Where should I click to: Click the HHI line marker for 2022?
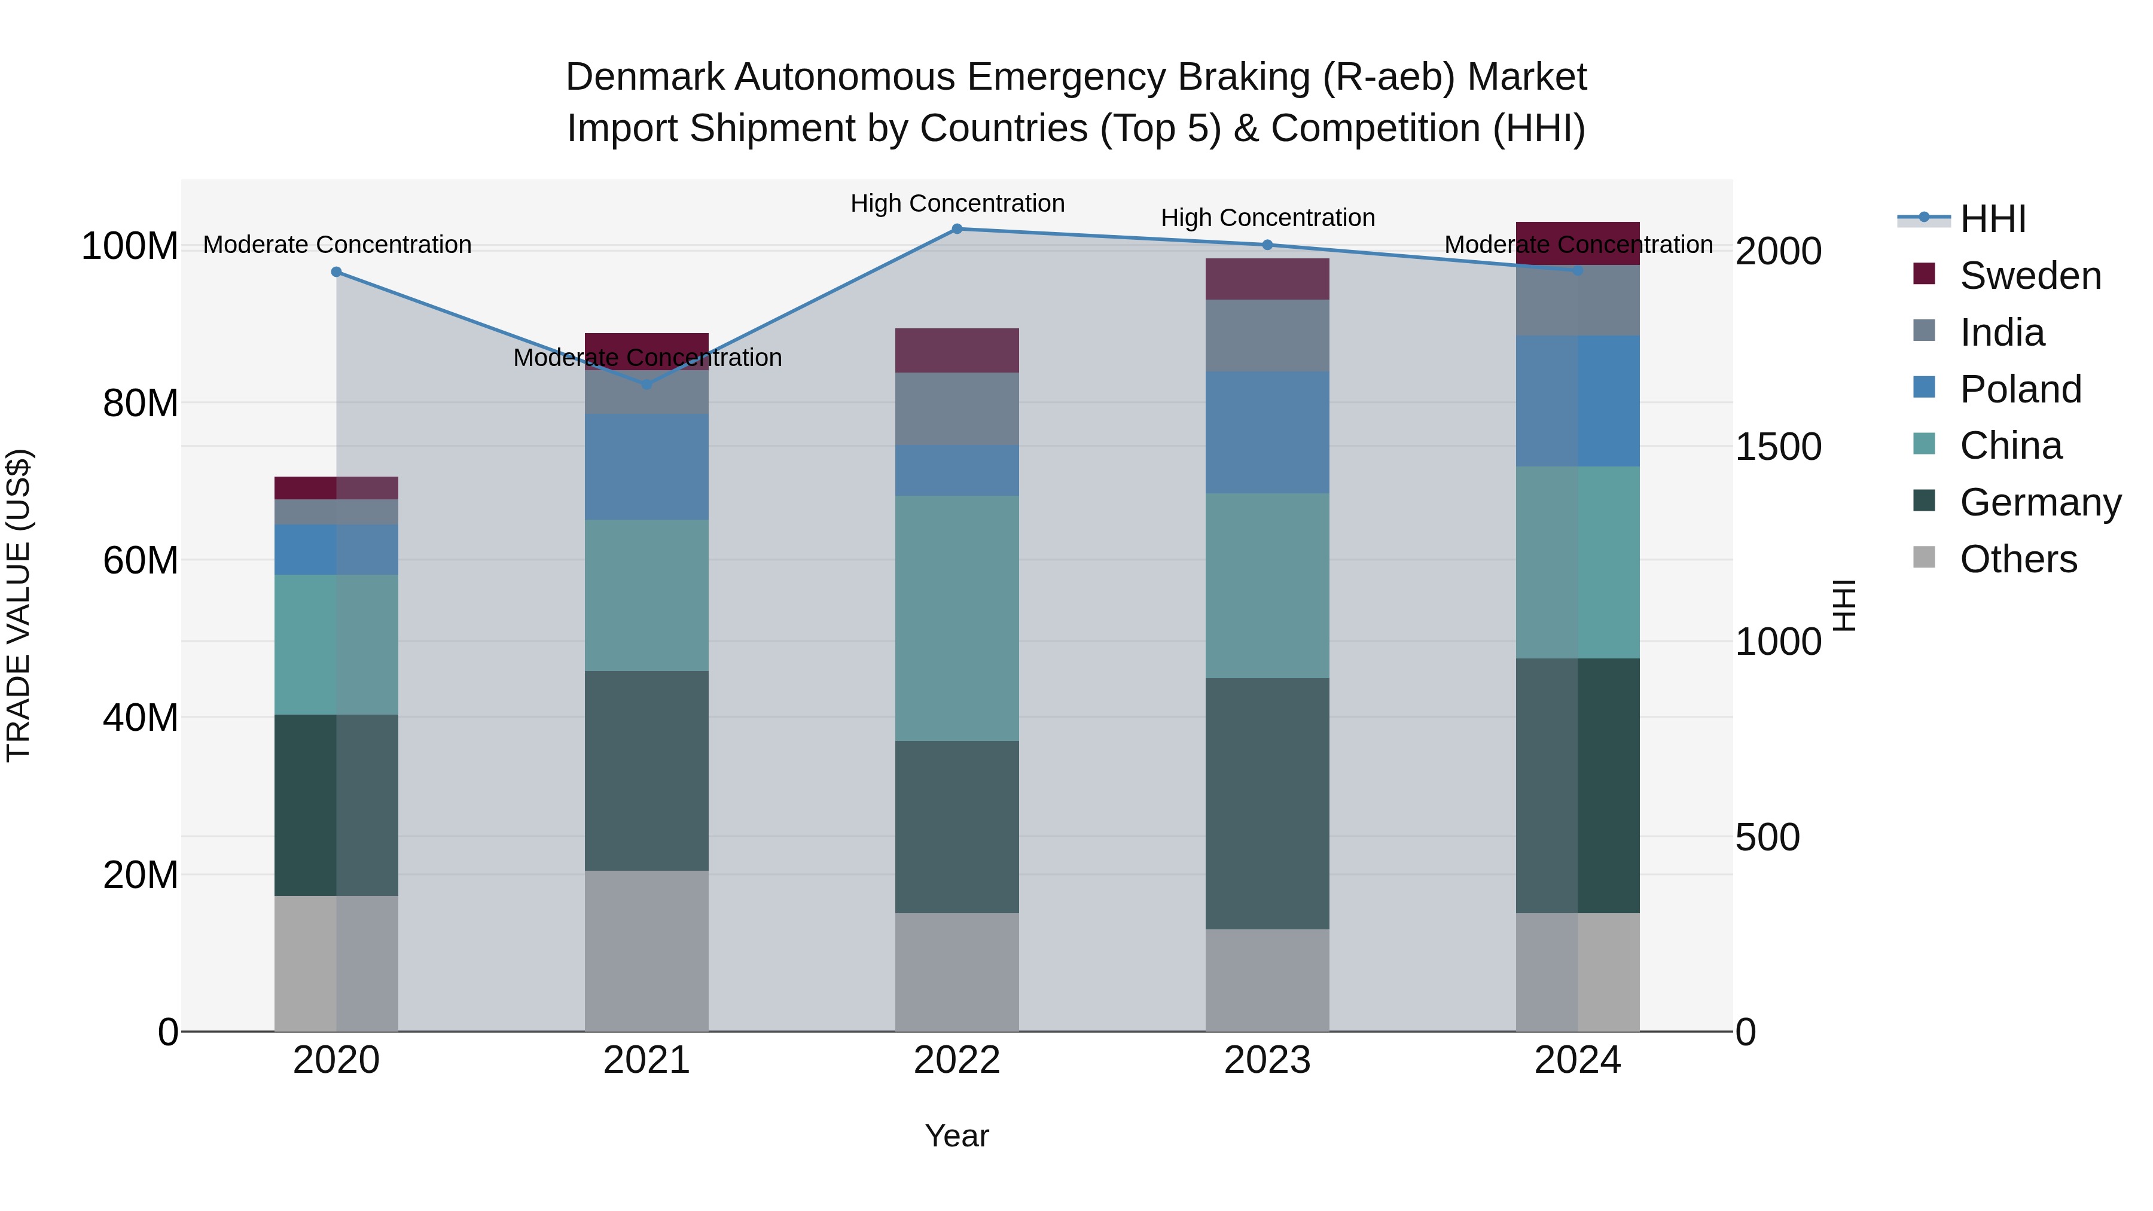[957, 229]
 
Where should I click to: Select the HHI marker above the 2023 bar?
[1267, 245]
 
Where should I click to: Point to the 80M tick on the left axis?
[141, 404]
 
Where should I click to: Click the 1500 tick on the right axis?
[1778, 447]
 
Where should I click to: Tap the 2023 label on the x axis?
[1267, 1060]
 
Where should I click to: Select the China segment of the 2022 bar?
[957, 618]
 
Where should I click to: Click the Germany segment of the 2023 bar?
[1267, 803]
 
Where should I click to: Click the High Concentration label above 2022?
[957, 204]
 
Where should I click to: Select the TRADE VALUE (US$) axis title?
[19, 605]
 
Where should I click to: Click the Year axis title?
[957, 1136]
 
